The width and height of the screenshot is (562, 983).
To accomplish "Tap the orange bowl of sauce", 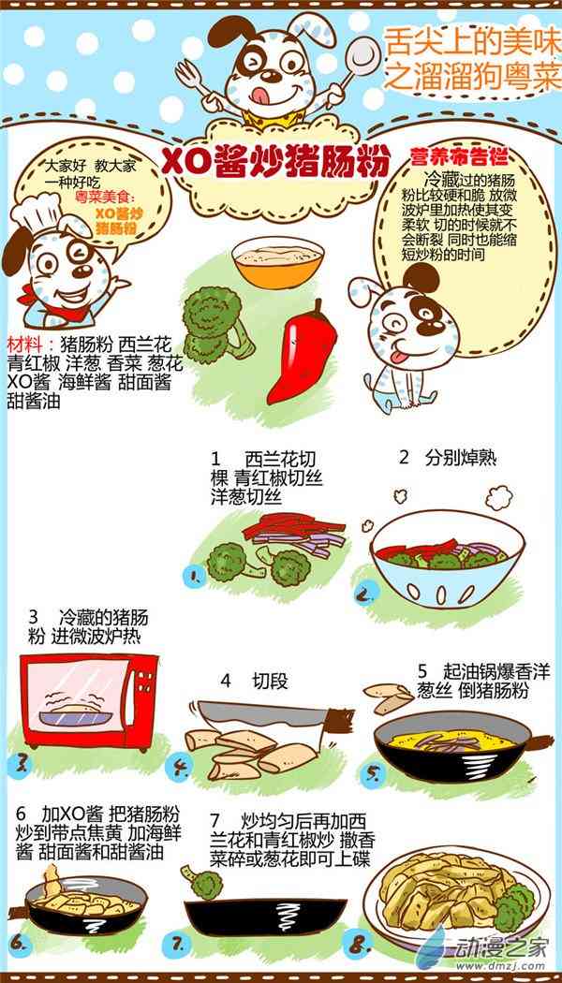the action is coord(277,262).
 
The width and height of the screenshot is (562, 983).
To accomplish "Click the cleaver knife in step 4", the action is coord(276,715).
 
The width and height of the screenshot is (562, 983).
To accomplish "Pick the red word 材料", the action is coord(23,345).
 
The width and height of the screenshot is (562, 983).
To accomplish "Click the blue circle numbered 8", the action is coord(360,944).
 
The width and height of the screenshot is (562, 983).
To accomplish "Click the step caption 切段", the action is coord(271,682).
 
